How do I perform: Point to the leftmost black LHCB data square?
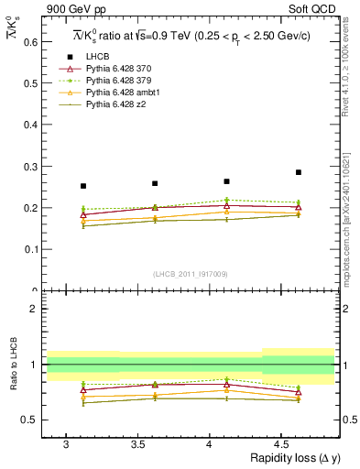pos(83,186)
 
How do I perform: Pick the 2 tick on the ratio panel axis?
pos(35,309)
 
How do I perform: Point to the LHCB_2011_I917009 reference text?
pos(190,274)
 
